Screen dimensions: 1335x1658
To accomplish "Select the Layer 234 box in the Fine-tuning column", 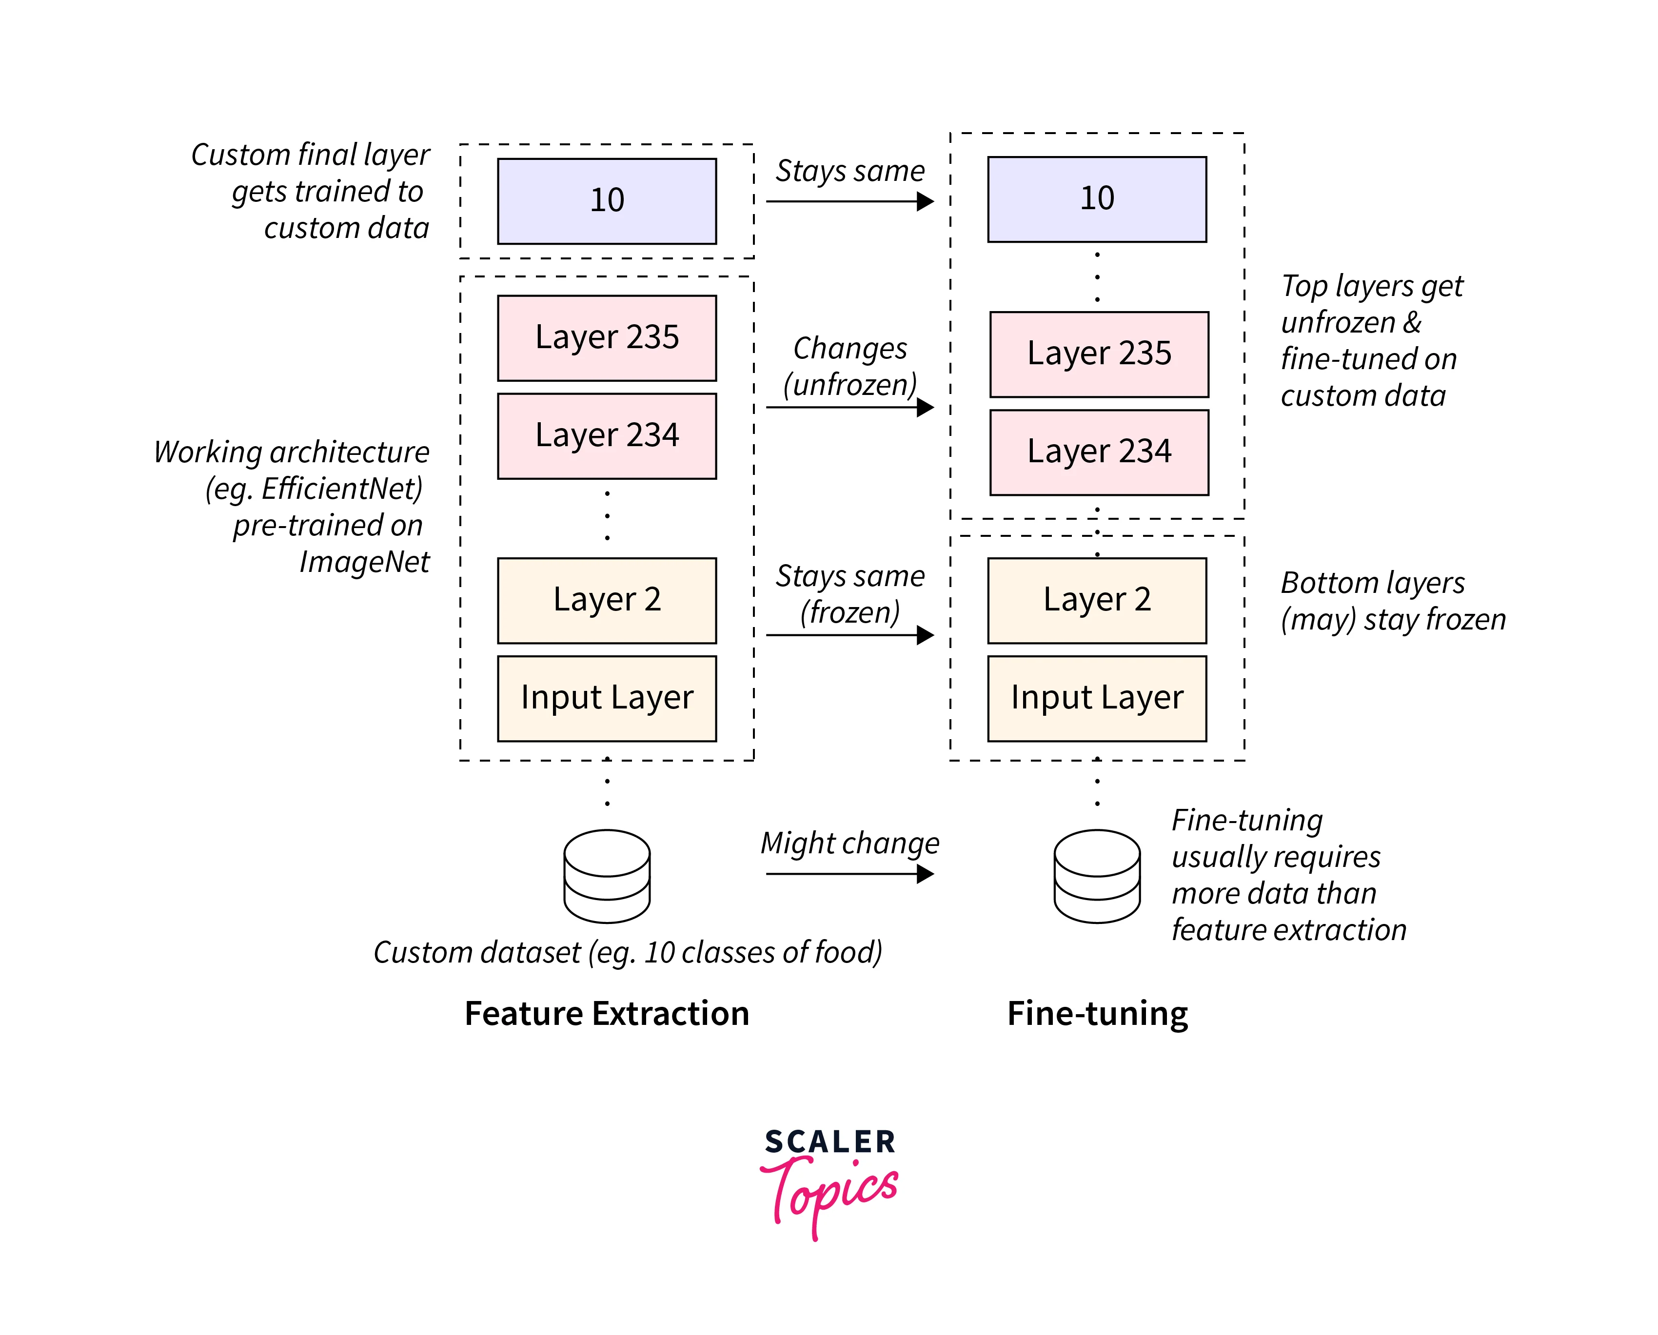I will click(x=1099, y=452).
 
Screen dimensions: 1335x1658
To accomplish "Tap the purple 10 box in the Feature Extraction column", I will click(x=607, y=201).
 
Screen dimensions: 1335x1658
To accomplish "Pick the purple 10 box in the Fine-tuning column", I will click(x=1097, y=199).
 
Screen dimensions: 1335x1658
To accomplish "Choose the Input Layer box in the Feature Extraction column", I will click(x=607, y=698).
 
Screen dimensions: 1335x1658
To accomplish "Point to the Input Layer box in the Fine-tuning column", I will click(x=1097, y=698).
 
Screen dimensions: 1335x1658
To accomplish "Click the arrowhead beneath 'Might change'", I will click(x=926, y=874).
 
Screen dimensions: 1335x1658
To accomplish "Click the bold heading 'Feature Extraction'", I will click(x=607, y=1014).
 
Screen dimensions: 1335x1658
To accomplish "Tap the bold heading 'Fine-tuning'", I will click(x=1097, y=1014).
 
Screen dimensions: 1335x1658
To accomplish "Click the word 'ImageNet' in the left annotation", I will click(x=364, y=562).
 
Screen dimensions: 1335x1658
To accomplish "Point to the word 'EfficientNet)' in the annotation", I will click(x=342, y=489).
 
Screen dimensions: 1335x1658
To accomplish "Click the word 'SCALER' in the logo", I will click(x=830, y=1142).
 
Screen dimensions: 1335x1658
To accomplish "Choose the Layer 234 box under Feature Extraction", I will click(x=607, y=436).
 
